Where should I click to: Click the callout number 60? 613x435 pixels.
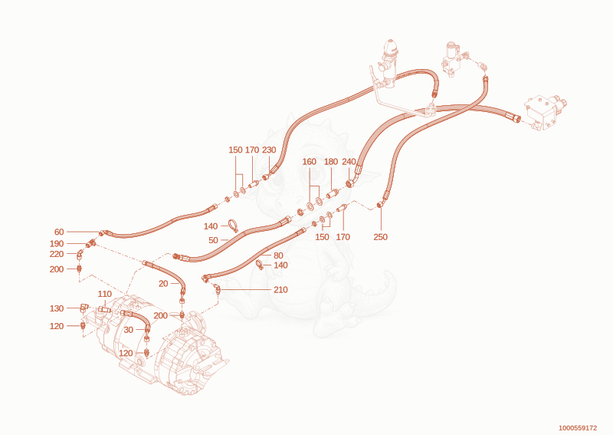[x=59, y=232]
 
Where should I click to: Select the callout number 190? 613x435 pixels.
[x=57, y=243]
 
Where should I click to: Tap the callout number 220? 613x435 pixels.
[x=57, y=254]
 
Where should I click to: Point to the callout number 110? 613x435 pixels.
[x=105, y=294]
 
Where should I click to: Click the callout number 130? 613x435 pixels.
[x=57, y=308]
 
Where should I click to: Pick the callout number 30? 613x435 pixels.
[x=129, y=330]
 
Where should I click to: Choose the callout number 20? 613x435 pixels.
[x=163, y=283]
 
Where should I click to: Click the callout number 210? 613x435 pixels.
[x=280, y=290]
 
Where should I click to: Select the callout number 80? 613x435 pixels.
[x=278, y=255]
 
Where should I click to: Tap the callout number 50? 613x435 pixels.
[x=214, y=240]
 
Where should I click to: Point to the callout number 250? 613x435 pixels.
[x=380, y=237]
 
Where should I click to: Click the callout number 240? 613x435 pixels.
[x=349, y=162]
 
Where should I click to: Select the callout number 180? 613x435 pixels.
[x=331, y=162]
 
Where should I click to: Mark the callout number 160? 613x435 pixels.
[x=310, y=162]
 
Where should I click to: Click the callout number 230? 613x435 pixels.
[x=269, y=150]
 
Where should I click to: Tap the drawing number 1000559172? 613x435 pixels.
[x=578, y=428]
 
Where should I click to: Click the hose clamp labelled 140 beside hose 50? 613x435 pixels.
[x=233, y=226]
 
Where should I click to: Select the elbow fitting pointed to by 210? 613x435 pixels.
[x=217, y=289]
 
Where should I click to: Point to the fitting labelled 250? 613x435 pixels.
[x=379, y=205]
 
